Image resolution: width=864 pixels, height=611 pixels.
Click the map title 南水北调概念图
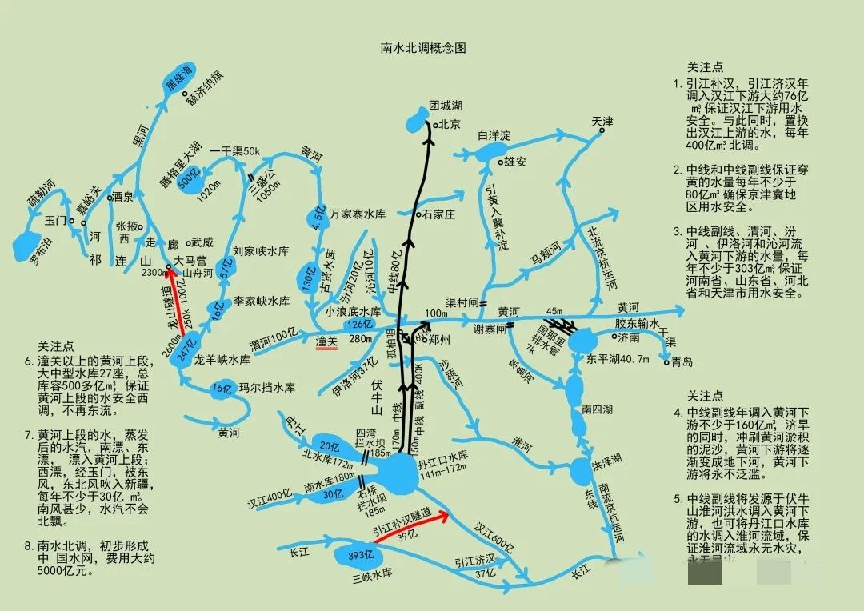[422, 48]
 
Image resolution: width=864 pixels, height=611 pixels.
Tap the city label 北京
[449, 124]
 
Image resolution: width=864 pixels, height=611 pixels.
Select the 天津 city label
[602, 122]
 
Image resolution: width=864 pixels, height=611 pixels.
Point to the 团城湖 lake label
[446, 106]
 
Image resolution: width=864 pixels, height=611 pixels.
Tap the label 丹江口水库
[442, 463]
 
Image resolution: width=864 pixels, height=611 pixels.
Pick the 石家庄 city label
[438, 214]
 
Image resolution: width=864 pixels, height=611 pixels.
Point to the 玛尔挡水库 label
[267, 388]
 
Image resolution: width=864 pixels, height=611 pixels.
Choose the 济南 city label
[629, 337]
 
